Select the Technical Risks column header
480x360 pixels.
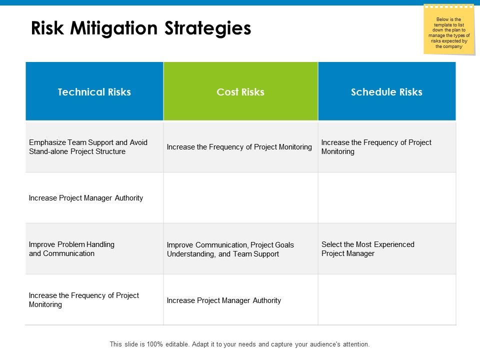(94, 92)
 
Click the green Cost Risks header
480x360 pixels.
(240, 92)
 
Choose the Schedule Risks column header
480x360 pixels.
(386, 92)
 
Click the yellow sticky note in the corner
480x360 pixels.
(448, 30)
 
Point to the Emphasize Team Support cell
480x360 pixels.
(88, 147)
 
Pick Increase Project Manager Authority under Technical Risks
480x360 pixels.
(86, 198)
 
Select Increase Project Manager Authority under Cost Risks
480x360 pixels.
(224, 300)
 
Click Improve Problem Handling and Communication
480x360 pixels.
(71, 249)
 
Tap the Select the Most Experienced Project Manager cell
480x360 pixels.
(368, 249)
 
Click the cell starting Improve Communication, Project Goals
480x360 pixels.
(230, 249)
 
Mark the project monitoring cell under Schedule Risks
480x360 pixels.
(376, 147)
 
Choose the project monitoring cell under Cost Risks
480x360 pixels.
(239, 147)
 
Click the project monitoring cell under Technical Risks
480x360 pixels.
(84, 300)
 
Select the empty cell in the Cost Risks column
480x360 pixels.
(240, 198)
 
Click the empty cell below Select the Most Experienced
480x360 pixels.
(387, 300)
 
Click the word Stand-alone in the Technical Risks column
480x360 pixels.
(47, 151)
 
